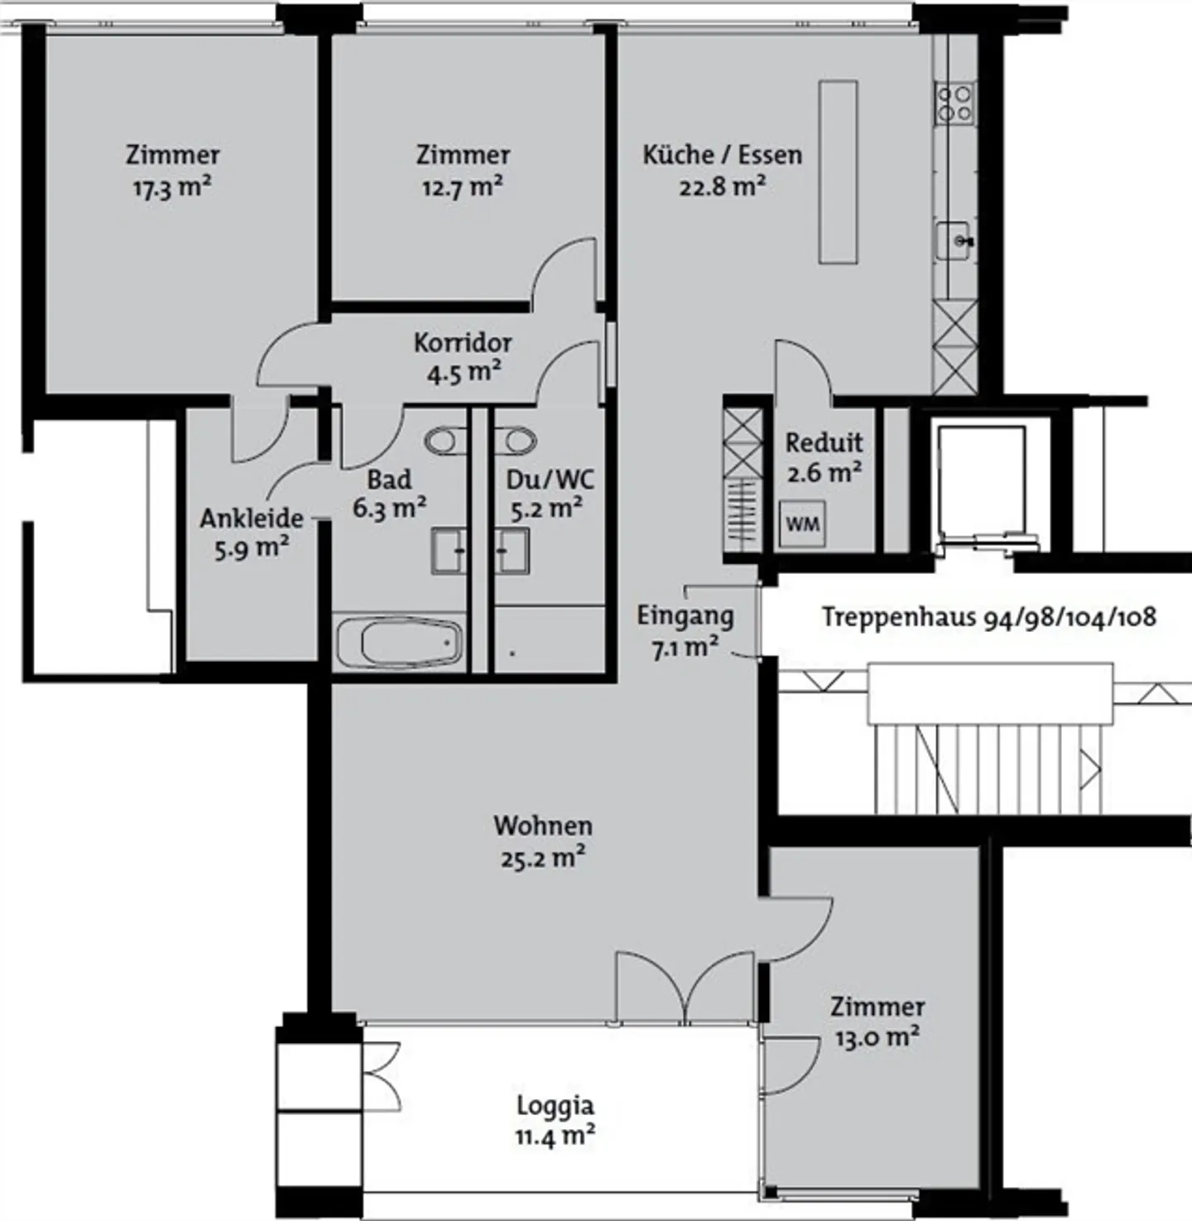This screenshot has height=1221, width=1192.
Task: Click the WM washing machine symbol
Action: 802,524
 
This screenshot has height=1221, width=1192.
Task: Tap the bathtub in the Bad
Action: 400,643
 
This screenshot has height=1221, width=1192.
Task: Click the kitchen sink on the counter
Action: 955,240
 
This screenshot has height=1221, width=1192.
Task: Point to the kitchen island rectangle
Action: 838,171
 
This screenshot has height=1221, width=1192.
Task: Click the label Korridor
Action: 463,343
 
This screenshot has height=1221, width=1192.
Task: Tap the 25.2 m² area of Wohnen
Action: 543,857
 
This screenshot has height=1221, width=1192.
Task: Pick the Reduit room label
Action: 824,443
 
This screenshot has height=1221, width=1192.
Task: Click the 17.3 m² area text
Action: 172,187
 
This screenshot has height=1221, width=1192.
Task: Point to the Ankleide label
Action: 252,519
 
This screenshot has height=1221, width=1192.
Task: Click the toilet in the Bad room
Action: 445,441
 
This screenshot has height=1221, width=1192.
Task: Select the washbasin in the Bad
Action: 449,551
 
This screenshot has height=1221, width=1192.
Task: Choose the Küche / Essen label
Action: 723,155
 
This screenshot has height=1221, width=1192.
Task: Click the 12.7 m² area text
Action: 462,187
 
